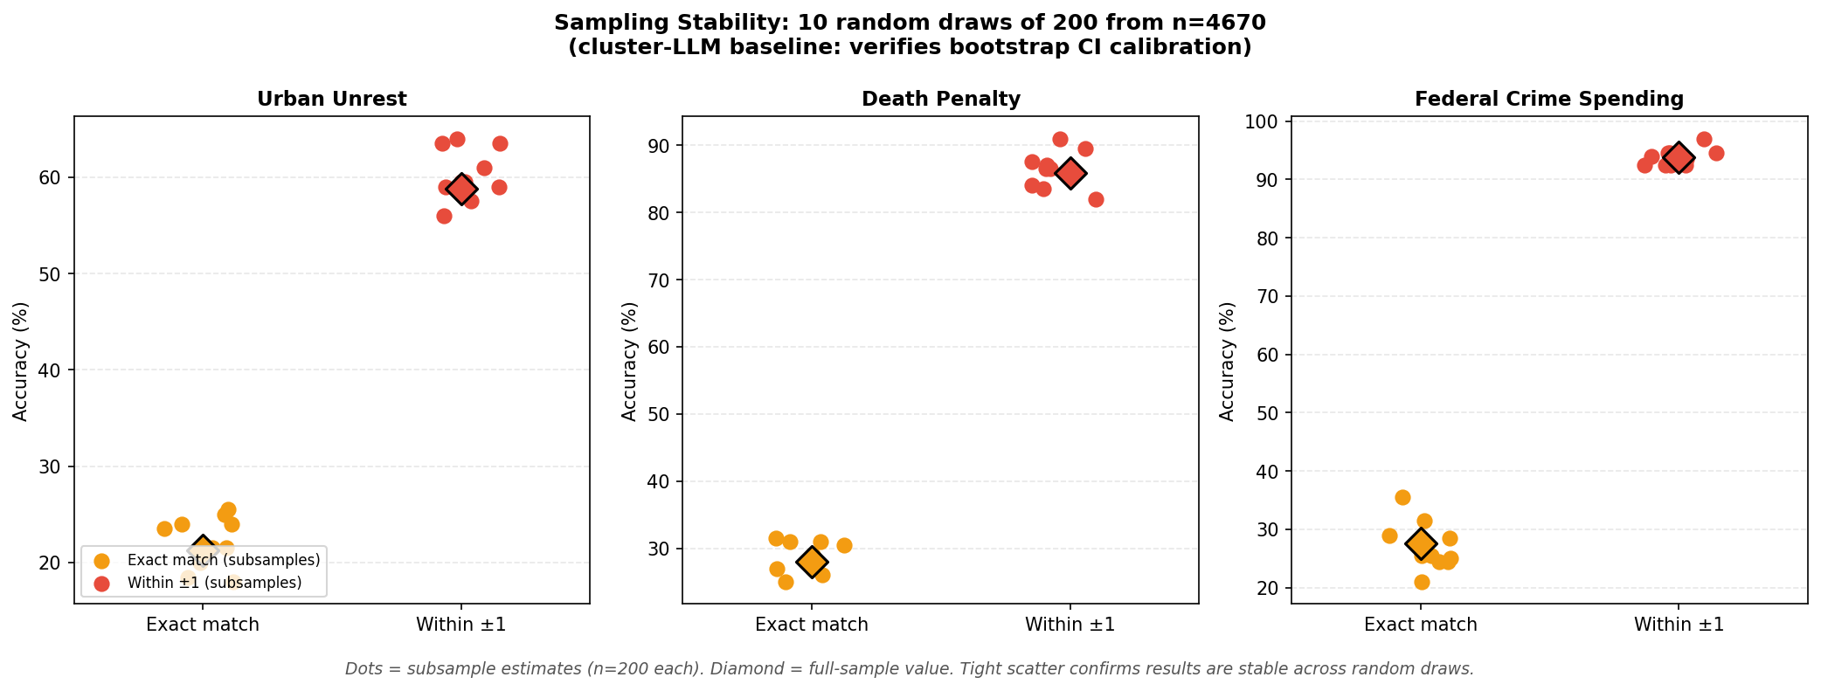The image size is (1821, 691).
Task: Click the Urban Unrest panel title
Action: coord(331,100)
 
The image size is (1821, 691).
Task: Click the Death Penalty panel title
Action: coord(940,100)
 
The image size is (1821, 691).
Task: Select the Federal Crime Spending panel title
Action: coord(1548,100)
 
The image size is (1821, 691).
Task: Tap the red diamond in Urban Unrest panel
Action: coord(461,190)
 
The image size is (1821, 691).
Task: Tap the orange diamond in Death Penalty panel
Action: coord(812,562)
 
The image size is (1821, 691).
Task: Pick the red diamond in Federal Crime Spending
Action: coord(1679,158)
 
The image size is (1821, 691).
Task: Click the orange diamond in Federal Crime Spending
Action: coord(1421,543)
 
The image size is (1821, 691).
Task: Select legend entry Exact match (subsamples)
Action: coord(223,560)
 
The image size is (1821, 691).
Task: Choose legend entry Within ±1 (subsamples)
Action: coord(214,583)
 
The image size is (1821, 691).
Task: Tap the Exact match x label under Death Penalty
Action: coord(811,625)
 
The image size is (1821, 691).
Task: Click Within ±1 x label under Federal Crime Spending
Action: coord(1679,625)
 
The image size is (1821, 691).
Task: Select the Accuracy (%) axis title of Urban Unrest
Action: coord(21,361)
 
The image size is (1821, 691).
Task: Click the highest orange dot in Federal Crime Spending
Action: coord(1402,497)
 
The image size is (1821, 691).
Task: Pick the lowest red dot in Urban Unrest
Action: coord(444,216)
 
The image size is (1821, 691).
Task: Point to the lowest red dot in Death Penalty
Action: coord(1096,199)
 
